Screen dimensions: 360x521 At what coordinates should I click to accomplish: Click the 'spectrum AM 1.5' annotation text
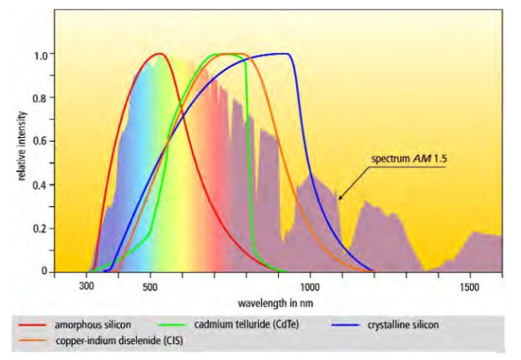[408, 159]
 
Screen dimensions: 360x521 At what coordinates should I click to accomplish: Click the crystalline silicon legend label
[400, 325]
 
